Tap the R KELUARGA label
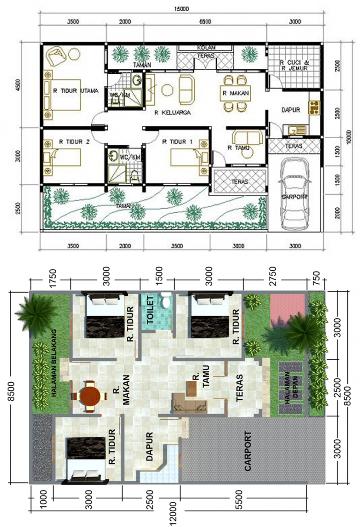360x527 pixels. click(171, 113)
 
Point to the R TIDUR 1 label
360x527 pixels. click(177, 142)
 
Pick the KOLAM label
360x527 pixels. click(205, 48)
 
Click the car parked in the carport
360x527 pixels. click(294, 195)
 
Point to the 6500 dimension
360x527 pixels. click(205, 22)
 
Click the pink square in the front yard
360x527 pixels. click(288, 310)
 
